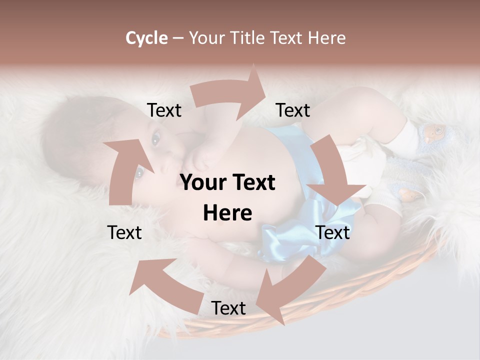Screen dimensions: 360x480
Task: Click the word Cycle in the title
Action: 146,38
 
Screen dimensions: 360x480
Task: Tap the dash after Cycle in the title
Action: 177,38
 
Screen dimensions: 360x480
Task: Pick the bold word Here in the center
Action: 227,213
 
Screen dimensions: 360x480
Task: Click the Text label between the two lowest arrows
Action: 228,308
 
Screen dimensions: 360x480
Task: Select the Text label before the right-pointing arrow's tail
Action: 164,110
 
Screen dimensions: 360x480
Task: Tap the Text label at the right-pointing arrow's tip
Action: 293,110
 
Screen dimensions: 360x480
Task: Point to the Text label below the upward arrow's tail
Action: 125,232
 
